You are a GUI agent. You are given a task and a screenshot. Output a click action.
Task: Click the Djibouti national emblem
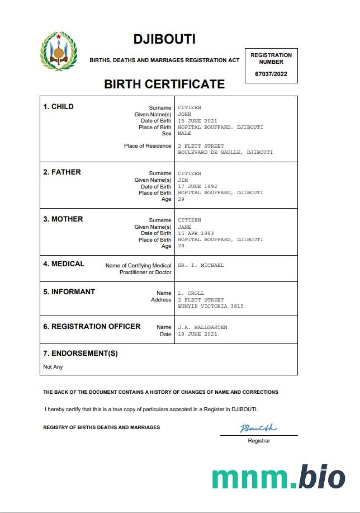[58, 51]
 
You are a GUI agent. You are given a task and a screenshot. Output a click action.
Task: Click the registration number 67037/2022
[271, 74]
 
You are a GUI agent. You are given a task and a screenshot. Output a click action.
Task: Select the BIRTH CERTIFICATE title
[164, 84]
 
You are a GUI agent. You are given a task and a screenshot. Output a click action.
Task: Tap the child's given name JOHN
[184, 114]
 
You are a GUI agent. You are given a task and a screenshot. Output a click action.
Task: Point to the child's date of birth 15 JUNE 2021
[197, 121]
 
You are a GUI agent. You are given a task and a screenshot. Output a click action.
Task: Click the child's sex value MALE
[184, 134]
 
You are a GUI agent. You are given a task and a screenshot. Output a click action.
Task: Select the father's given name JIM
[183, 180]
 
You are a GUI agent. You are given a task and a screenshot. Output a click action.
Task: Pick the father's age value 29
[181, 199]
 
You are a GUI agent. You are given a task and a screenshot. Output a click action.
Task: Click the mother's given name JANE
[184, 227]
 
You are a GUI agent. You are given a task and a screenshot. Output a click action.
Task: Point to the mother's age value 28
[181, 246]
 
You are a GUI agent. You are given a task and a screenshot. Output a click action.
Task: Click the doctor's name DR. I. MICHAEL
[201, 265]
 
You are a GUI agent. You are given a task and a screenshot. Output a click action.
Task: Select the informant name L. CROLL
[191, 293]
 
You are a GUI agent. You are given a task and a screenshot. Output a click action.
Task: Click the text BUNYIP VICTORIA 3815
[211, 307]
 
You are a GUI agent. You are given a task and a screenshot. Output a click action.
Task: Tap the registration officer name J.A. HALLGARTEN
[202, 327]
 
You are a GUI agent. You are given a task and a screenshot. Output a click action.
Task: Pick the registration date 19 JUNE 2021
[197, 334]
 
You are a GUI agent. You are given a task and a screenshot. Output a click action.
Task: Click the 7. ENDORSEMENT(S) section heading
[80, 354]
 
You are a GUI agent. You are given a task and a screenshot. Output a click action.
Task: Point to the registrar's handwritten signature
[258, 429]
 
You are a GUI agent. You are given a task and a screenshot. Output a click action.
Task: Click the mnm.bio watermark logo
[278, 477]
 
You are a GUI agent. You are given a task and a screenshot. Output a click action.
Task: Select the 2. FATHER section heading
[62, 172]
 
